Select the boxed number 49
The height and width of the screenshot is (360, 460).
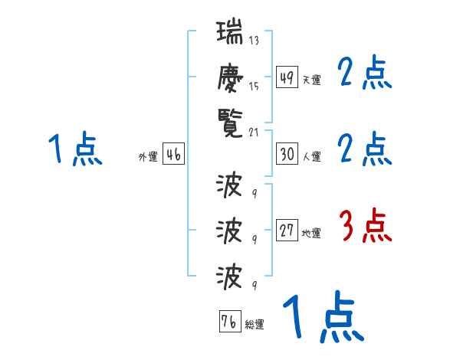point(287,77)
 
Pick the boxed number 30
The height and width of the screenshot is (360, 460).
point(287,153)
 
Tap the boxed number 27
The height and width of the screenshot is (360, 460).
point(287,231)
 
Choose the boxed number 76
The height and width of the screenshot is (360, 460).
point(228,321)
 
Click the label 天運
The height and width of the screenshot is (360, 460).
point(312,80)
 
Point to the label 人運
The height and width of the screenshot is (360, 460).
point(312,156)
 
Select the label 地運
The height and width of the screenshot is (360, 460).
point(312,233)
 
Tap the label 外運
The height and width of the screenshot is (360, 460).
point(148,156)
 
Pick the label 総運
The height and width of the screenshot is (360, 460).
point(255,324)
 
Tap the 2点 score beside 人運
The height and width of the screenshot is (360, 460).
point(365,149)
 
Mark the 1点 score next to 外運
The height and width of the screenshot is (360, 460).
point(74,149)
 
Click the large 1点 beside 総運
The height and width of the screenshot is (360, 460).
point(323,318)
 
